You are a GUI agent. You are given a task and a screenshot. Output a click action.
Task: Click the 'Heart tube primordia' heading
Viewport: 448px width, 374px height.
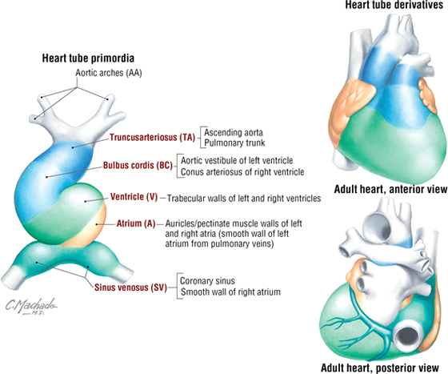click(x=88, y=58)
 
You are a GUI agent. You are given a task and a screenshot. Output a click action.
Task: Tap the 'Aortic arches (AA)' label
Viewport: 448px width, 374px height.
click(x=109, y=73)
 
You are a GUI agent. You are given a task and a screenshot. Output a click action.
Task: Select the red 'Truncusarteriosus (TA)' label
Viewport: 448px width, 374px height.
click(x=152, y=138)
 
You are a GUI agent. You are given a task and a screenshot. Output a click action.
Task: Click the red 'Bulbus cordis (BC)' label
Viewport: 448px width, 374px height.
click(x=138, y=166)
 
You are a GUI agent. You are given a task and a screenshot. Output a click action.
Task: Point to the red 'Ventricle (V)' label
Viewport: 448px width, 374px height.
click(x=134, y=197)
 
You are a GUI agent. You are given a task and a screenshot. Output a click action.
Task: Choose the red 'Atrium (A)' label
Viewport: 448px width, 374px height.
click(x=136, y=223)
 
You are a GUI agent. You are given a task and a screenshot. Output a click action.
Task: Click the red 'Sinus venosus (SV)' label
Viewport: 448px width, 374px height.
click(x=130, y=287)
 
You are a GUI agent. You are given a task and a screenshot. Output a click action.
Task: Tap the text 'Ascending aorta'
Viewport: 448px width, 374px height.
click(x=234, y=133)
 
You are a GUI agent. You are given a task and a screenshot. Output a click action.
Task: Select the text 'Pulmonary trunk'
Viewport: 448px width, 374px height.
click(x=234, y=143)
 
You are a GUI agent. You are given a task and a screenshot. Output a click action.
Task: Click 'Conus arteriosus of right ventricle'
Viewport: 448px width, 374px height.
click(x=242, y=172)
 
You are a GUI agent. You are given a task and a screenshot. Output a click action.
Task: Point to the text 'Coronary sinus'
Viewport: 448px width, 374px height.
click(x=207, y=281)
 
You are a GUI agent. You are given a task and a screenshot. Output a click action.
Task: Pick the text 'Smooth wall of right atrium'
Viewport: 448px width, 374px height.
click(x=230, y=292)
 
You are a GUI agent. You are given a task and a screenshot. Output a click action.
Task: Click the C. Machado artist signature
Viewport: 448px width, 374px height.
click(x=31, y=306)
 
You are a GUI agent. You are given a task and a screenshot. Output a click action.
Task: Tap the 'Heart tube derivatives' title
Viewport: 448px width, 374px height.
click(x=394, y=5)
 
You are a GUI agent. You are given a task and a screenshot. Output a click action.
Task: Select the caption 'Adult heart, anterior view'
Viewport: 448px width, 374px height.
click(x=390, y=189)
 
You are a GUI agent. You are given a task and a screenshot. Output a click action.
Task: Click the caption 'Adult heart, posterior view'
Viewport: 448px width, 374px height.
click(x=380, y=368)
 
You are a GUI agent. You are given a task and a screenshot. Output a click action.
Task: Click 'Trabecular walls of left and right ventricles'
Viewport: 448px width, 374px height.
click(x=244, y=198)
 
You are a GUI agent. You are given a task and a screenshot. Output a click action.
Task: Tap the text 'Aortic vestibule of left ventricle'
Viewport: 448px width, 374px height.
click(x=237, y=160)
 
